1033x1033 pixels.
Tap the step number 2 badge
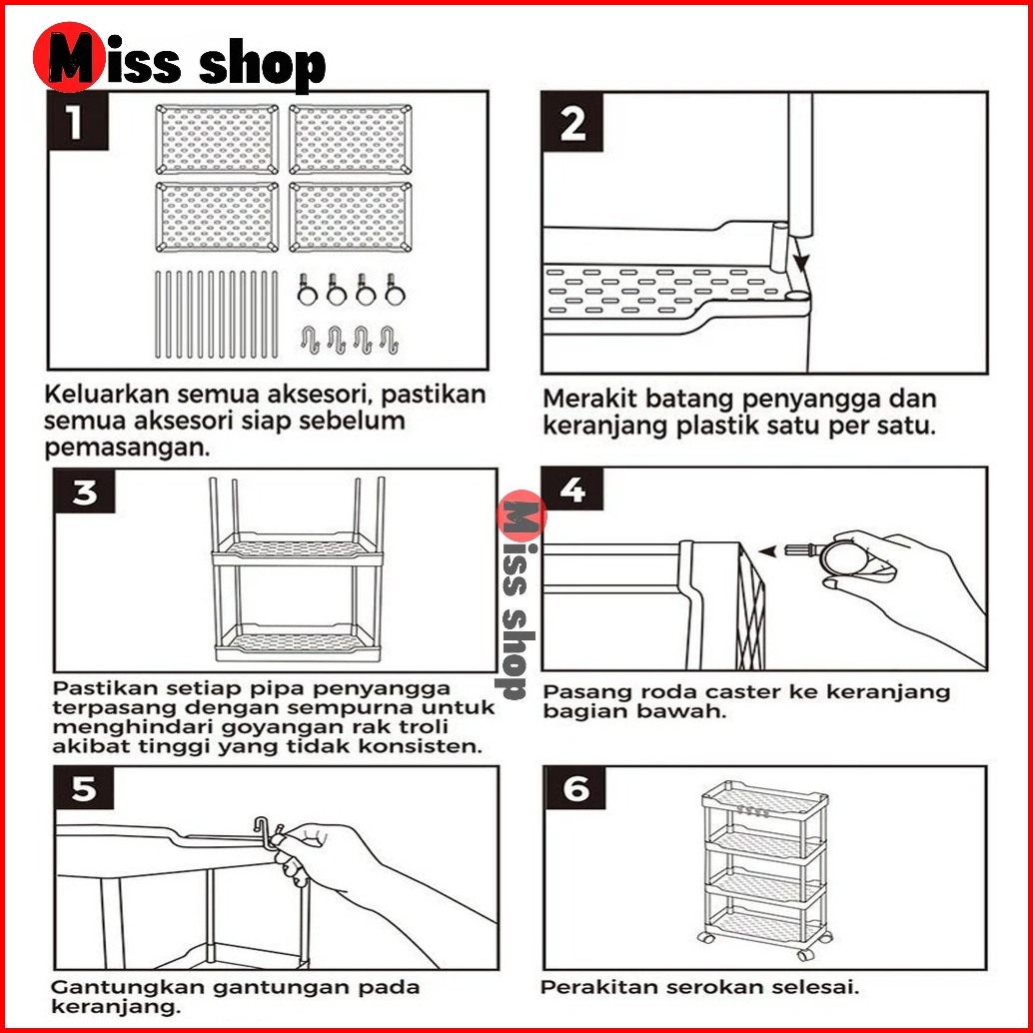click(x=572, y=124)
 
